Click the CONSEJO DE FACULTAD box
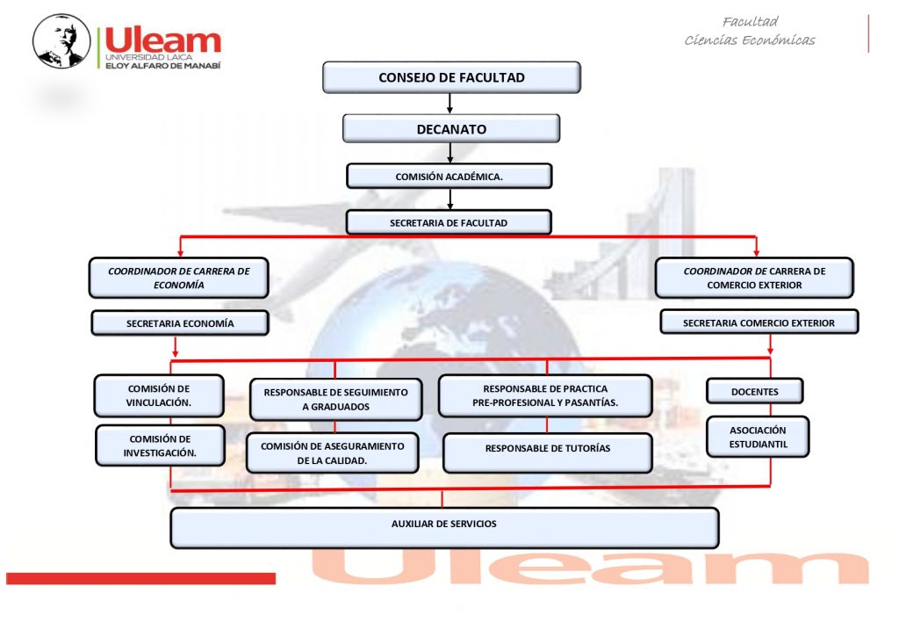coord(451,77)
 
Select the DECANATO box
coord(451,128)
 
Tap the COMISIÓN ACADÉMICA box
coord(449,177)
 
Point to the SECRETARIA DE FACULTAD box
coord(449,222)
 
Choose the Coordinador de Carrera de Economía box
coord(179,278)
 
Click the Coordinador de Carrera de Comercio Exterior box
coord(754,278)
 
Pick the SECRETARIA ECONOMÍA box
coord(180,323)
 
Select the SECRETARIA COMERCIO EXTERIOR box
coord(759,322)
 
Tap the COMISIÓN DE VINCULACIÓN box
coord(159,396)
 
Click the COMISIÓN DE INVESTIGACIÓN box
coord(160,446)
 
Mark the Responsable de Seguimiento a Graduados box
coord(336,400)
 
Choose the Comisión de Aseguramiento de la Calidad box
coord(333,453)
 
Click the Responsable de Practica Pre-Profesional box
coord(545,396)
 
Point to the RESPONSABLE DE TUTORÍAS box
coord(548,453)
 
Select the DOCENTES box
coord(754,391)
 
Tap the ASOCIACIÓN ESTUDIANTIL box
coord(758,437)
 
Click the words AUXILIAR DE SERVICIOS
coord(443,524)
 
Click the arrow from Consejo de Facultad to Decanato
coord(450,104)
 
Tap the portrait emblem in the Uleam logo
coord(61,40)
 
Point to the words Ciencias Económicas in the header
coord(750,40)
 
